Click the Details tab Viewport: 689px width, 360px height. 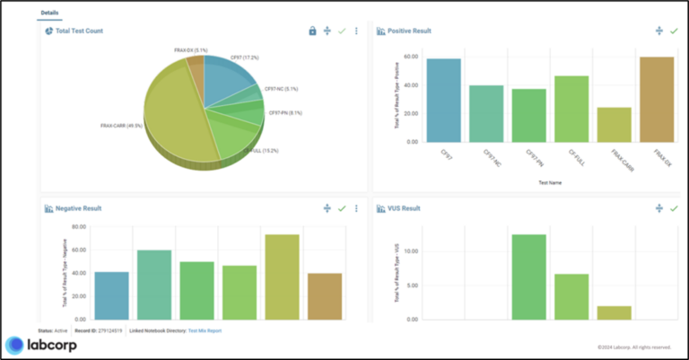(50, 13)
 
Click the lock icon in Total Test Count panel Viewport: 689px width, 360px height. (312, 31)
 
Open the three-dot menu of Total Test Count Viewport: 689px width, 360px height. (356, 31)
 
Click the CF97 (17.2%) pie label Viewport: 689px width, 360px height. (244, 57)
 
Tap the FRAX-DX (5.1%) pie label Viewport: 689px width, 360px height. (190, 50)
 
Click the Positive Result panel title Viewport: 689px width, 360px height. (409, 31)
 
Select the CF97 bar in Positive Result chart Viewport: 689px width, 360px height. (444, 100)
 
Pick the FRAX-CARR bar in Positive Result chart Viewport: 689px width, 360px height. (614, 125)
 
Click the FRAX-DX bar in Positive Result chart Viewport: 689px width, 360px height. (657, 99)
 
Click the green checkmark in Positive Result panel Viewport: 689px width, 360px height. (674, 31)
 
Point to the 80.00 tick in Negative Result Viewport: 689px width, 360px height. (78, 227)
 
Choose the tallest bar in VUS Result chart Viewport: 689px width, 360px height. (528, 277)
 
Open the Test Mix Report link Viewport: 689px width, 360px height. (204, 330)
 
